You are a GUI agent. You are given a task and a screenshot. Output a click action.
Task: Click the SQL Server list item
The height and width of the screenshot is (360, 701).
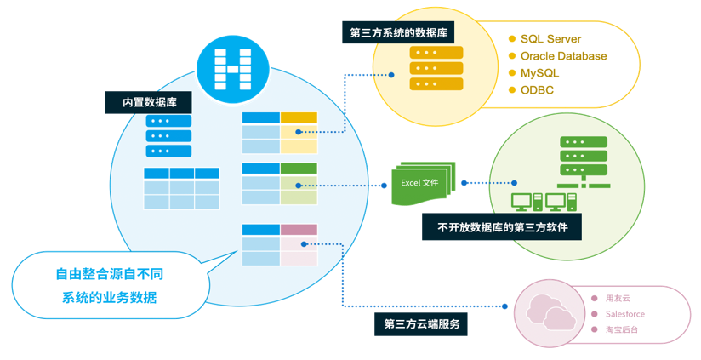(550, 38)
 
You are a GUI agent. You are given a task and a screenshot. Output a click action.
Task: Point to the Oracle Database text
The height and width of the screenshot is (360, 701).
(563, 56)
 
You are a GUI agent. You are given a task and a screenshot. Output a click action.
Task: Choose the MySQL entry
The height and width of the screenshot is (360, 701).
(539, 73)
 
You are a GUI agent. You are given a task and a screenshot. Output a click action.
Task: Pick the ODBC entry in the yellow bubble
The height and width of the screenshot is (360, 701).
(537, 90)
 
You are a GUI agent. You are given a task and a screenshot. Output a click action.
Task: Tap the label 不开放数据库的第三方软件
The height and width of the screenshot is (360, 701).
(502, 227)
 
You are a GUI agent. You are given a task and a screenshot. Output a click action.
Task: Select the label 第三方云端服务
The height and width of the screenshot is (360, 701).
(421, 324)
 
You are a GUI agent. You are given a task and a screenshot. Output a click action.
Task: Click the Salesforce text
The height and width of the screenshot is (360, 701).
(624, 313)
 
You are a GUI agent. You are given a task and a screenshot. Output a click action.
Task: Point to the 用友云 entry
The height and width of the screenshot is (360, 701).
(618, 299)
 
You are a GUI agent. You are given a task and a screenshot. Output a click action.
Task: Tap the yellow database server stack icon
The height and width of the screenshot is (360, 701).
(436, 68)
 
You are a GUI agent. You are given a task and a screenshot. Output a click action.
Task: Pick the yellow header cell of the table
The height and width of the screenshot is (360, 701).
(299, 117)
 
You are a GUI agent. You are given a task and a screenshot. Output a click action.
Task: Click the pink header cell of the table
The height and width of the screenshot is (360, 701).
(299, 230)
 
